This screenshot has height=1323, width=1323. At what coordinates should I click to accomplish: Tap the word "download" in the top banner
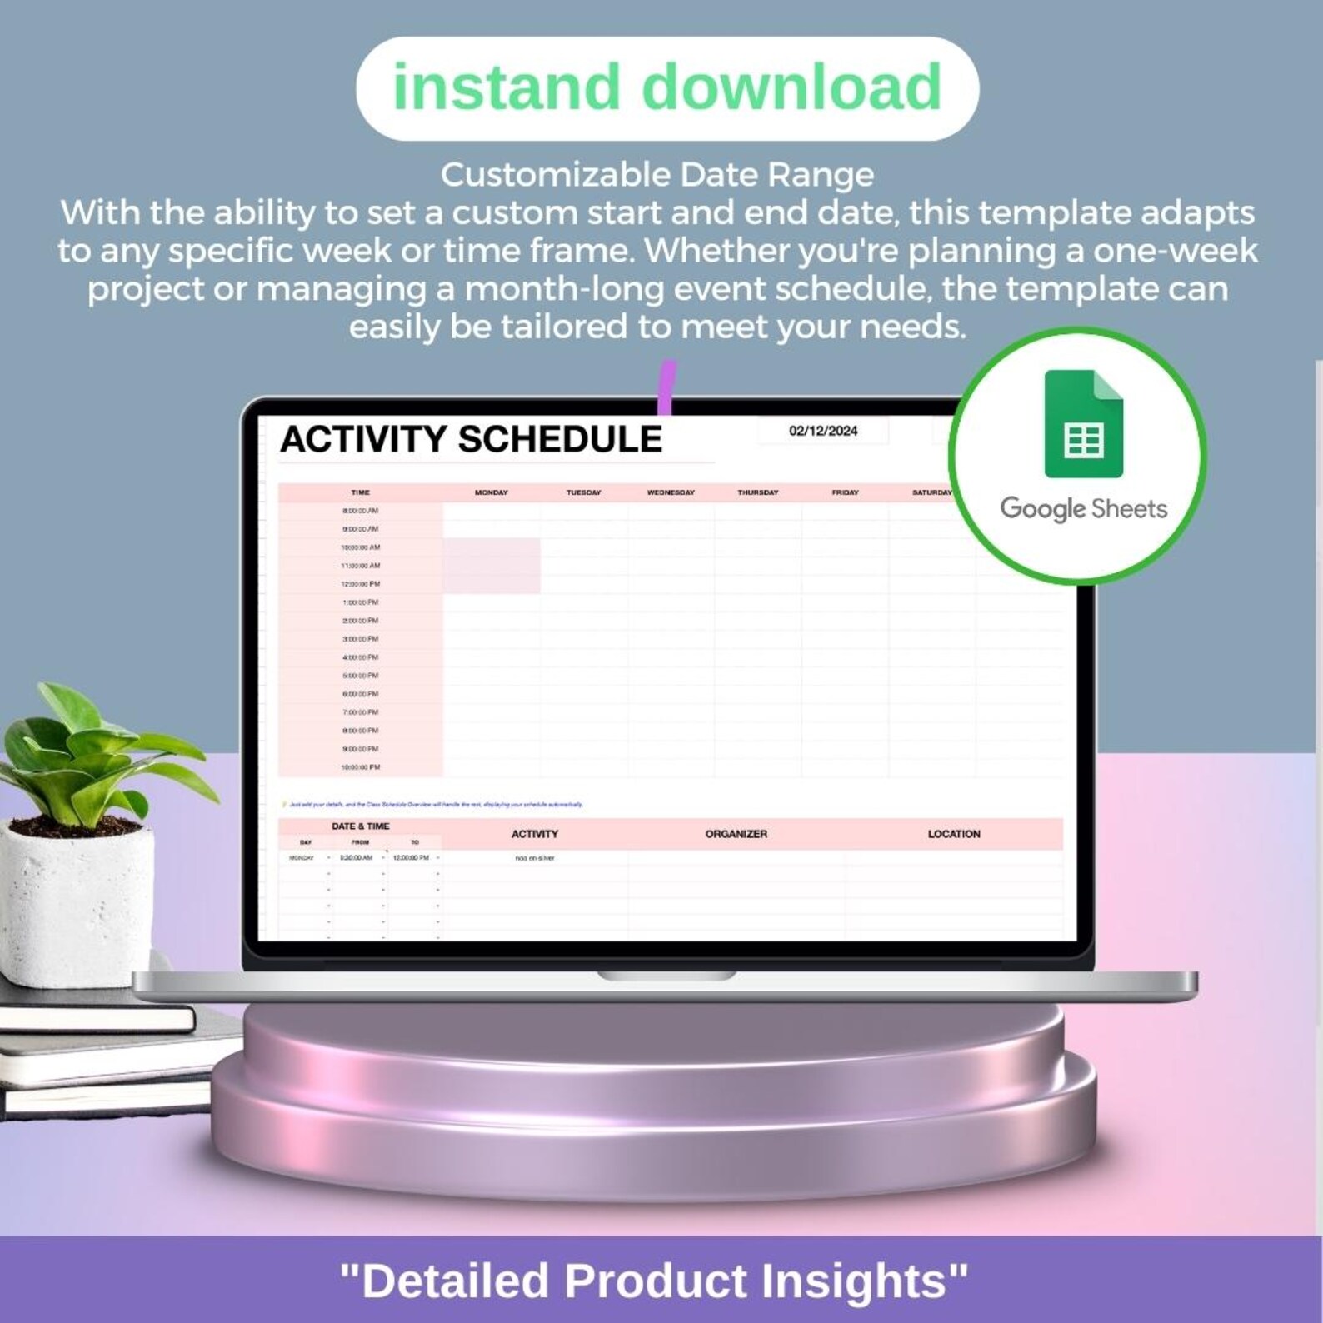click(x=791, y=87)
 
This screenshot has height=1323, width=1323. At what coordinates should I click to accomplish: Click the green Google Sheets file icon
click(x=1083, y=424)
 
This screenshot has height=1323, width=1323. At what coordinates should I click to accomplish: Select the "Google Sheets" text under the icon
click(x=1083, y=508)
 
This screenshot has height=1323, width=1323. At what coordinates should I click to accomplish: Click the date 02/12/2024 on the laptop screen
click(x=823, y=431)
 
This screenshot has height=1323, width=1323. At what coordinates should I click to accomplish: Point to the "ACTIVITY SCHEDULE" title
click(x=471, y=439)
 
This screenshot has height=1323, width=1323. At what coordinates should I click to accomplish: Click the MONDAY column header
click(x=491, y=492)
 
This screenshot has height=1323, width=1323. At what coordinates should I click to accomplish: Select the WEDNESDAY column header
click(x=671, y=492)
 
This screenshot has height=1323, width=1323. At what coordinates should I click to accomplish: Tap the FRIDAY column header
click(x=845, y=492)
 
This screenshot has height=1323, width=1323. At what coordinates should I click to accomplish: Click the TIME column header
click(x=360, y=492)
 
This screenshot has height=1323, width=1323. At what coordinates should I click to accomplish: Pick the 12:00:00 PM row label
click(x=360, y=584)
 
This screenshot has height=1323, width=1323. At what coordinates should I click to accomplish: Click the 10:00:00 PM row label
click(x=360, y=767)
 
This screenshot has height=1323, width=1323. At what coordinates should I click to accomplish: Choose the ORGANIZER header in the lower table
click(x=736, y=834)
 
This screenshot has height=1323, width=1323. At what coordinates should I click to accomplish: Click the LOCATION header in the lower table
click(x=954, y=834)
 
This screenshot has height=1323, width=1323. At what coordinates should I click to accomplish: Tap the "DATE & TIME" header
click(x=360, y=826)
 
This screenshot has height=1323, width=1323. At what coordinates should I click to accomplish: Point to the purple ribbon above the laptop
click(x=666, y=387)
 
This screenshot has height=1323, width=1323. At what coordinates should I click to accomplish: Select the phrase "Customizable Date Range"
click(x=657, y=175)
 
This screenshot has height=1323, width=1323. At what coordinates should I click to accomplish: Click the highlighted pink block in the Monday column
click(x=491, y=566)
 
